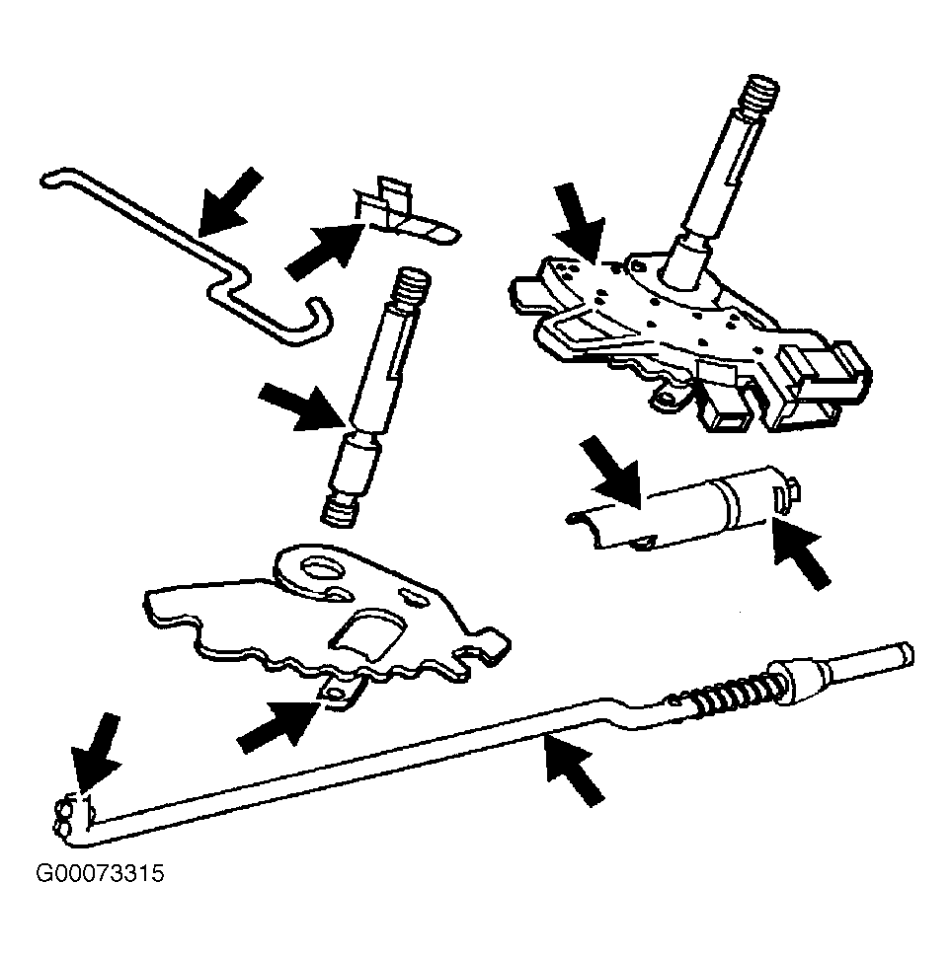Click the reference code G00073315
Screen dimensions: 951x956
(100, 874)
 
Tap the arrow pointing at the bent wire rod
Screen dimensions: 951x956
(230, 202)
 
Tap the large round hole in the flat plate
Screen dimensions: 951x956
(324, 569)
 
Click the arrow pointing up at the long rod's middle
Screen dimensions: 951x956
(574, 770)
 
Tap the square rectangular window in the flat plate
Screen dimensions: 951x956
(367, 634)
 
